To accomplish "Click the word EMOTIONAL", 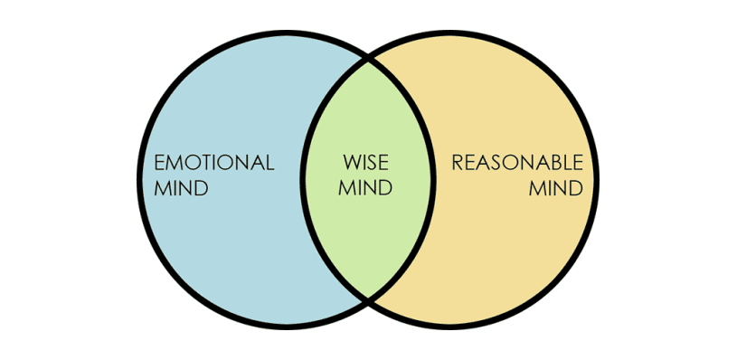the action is point(214,163).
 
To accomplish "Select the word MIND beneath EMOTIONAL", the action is point(182,188).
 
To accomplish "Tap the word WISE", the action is point(365,163).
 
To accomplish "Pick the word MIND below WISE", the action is point(365,188).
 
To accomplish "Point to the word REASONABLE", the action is point(517,163).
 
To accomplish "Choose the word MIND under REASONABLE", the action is point(556,188).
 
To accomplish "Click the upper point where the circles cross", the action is point(369,60).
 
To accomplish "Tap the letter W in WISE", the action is point(351,163).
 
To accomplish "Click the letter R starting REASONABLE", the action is point(458,163).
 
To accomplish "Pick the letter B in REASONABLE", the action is point(555,163).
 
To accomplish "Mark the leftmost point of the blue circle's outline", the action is point(139,179).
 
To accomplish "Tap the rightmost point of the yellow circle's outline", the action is point(597,179).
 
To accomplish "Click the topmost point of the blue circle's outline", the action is point(287,32).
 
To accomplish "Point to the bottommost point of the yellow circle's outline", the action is point(449,327).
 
